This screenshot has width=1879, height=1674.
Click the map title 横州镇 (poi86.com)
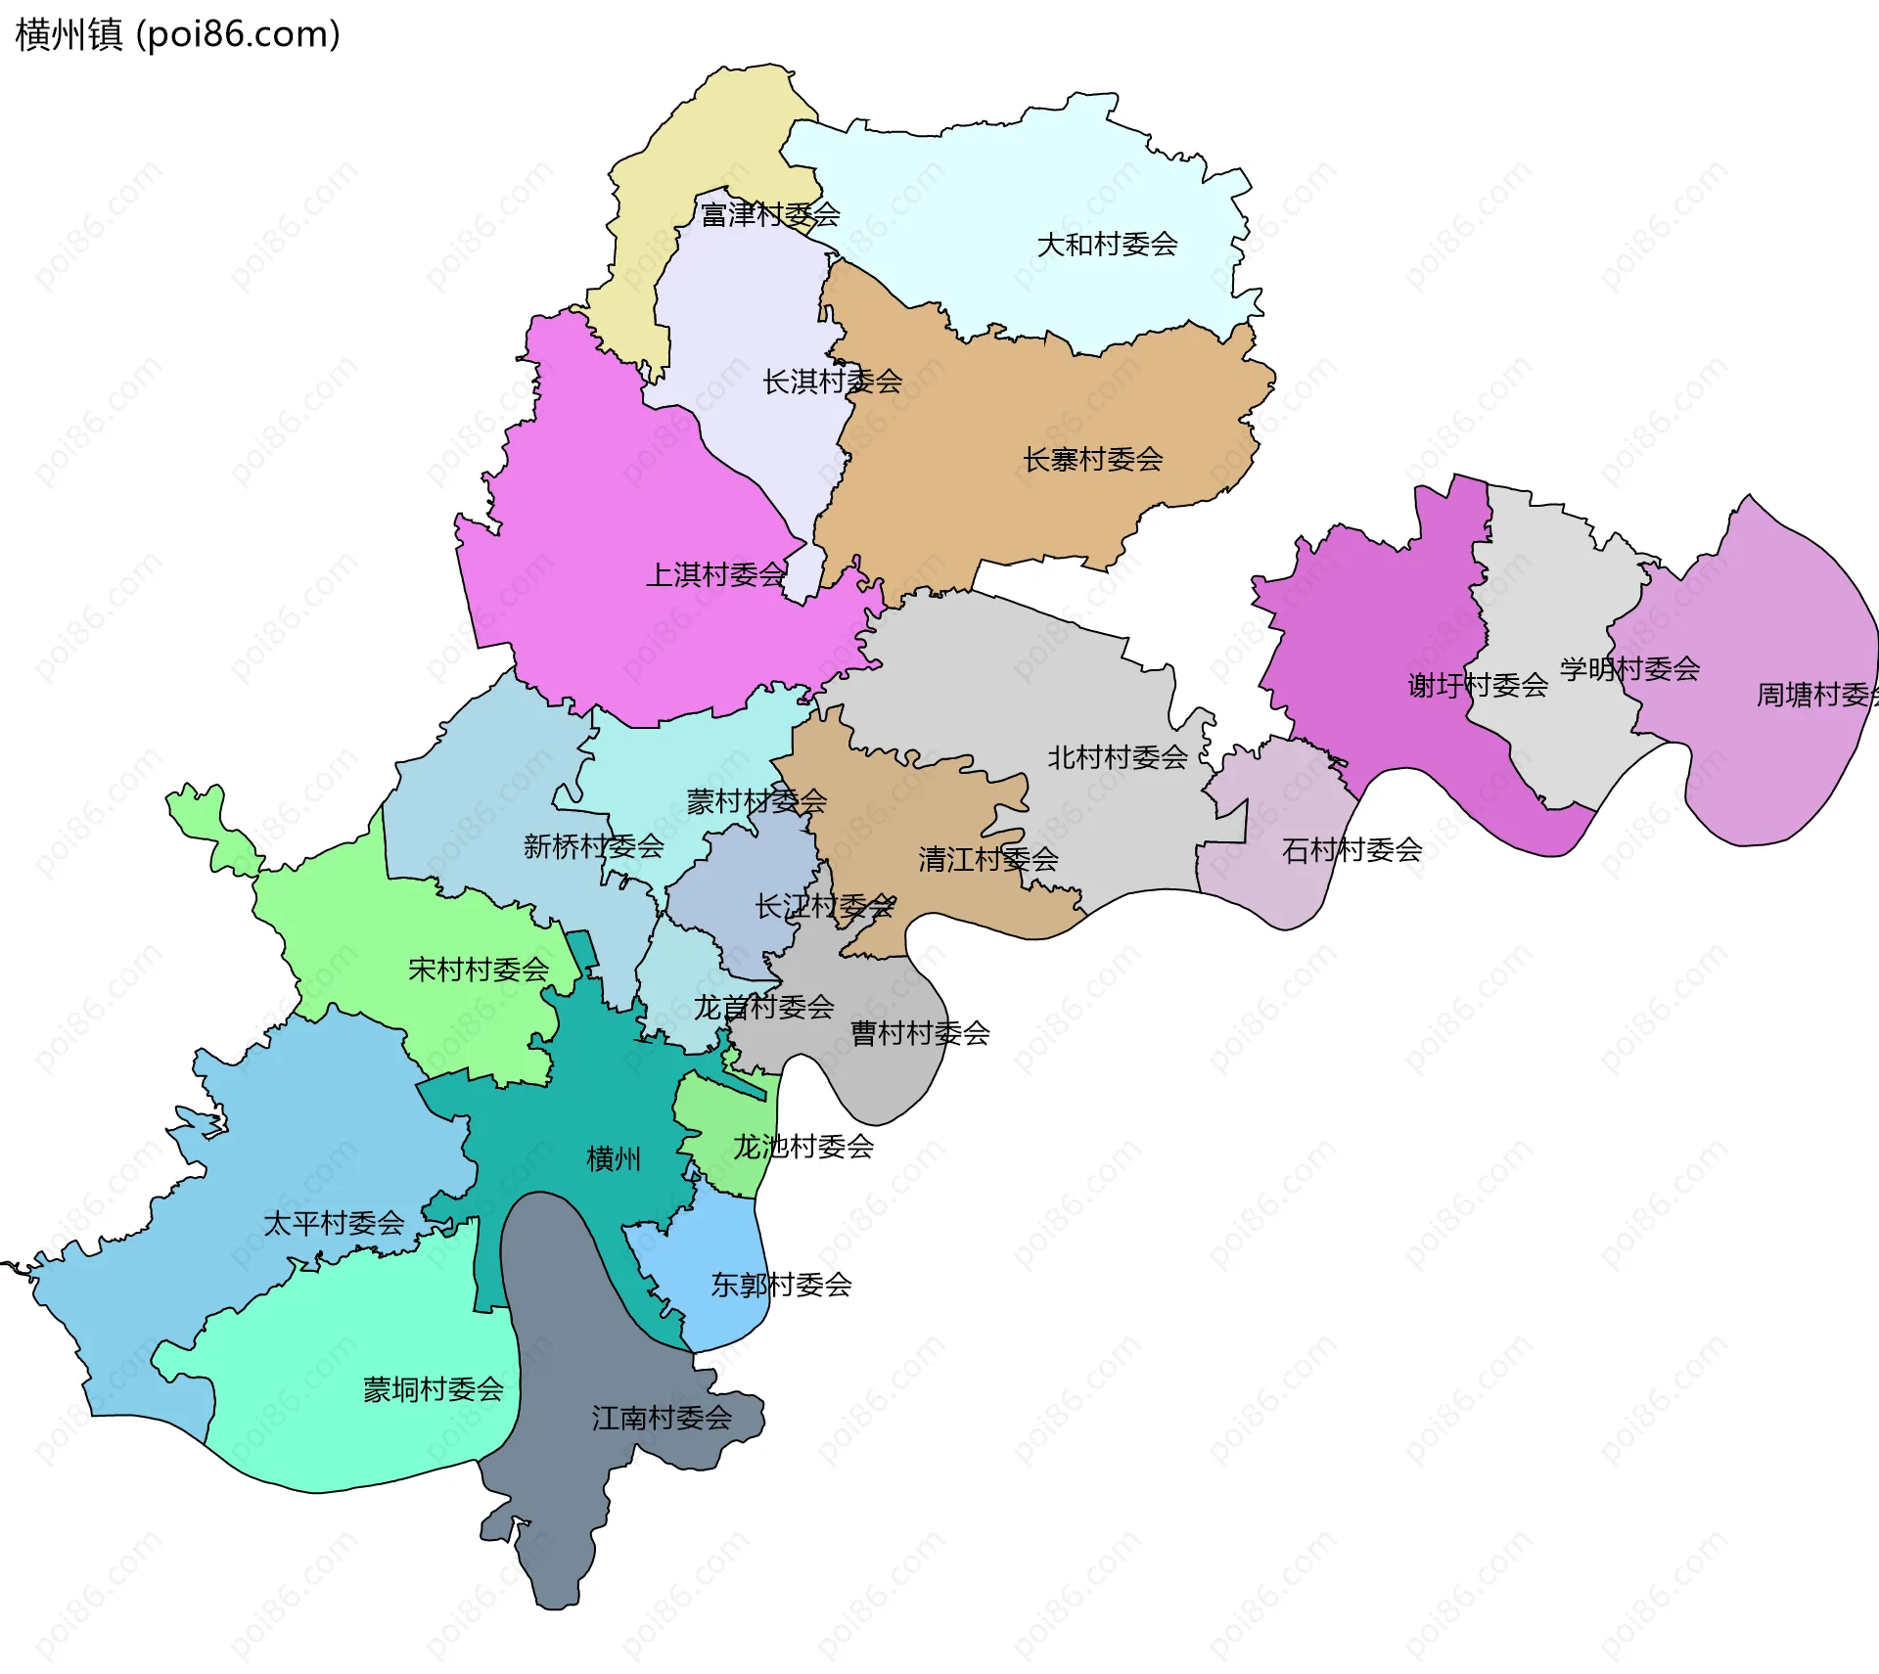tap(177, 34)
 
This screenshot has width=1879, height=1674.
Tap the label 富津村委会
tap(769, 214)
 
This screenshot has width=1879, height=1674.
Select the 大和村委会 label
tap(1107, 245)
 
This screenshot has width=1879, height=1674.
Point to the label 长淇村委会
tap(832, 382)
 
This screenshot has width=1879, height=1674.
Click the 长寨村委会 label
tap(1092, 459)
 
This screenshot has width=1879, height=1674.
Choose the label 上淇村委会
tap(715, 574)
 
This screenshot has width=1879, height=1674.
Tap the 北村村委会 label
tap(1117, 756)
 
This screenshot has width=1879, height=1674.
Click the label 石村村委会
tap(1351, 849)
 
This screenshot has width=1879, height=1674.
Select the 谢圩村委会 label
tap(1477, 685)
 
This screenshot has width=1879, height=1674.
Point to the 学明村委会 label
tap(1628, 669)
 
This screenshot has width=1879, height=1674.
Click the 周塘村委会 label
tap(1816, 695)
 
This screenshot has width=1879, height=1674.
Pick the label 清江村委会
tap(987, 859)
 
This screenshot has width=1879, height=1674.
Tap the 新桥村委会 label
tap(593, 845)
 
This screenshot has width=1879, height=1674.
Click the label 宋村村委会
tap(478, 970)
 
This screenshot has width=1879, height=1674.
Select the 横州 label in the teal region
tap(614, 1158)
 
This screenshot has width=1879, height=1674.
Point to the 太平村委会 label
tap(334, 1223)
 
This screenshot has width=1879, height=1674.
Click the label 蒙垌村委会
tap(433, 1389)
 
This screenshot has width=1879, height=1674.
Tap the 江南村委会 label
tap(661, 1418)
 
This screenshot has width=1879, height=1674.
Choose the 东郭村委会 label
tap(780, 1285)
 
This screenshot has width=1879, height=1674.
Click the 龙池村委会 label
tap(802, 1146)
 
